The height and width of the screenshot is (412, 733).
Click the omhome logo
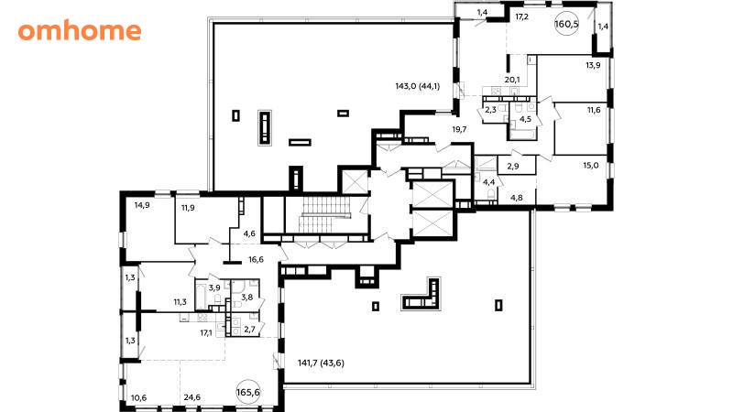80,31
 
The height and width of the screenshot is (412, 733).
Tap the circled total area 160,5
566,24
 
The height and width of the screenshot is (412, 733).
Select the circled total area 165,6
248,393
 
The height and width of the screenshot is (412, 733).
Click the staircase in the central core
326,214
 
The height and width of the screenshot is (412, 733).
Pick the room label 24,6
192,397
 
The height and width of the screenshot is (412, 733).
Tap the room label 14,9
142,204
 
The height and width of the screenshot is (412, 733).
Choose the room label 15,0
591,165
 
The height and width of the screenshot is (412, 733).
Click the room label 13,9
593,65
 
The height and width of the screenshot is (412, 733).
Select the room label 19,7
460,129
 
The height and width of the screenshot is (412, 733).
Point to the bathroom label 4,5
525,119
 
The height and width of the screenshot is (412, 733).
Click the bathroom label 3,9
214,287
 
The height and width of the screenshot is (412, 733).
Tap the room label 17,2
521,17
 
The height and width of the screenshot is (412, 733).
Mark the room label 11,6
594,110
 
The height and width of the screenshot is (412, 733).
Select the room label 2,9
513,166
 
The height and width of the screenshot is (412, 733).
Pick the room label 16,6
257,260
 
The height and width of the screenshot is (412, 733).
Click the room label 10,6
139,398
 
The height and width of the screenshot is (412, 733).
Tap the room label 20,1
512,80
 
